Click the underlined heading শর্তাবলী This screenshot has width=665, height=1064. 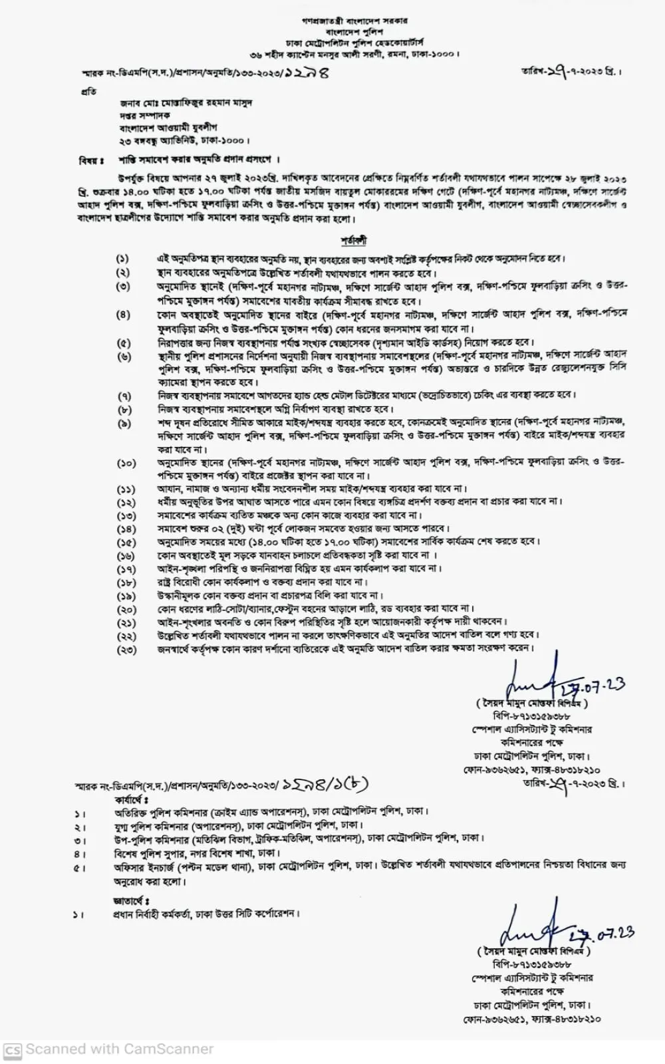click(353, 240)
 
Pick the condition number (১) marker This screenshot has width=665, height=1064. click(123, 259)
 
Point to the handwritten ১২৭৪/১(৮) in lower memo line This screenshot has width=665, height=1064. click(325, 785)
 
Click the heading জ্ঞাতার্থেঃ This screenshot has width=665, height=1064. click(131, 900)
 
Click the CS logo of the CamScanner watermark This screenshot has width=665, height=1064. click(13, 1049)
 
